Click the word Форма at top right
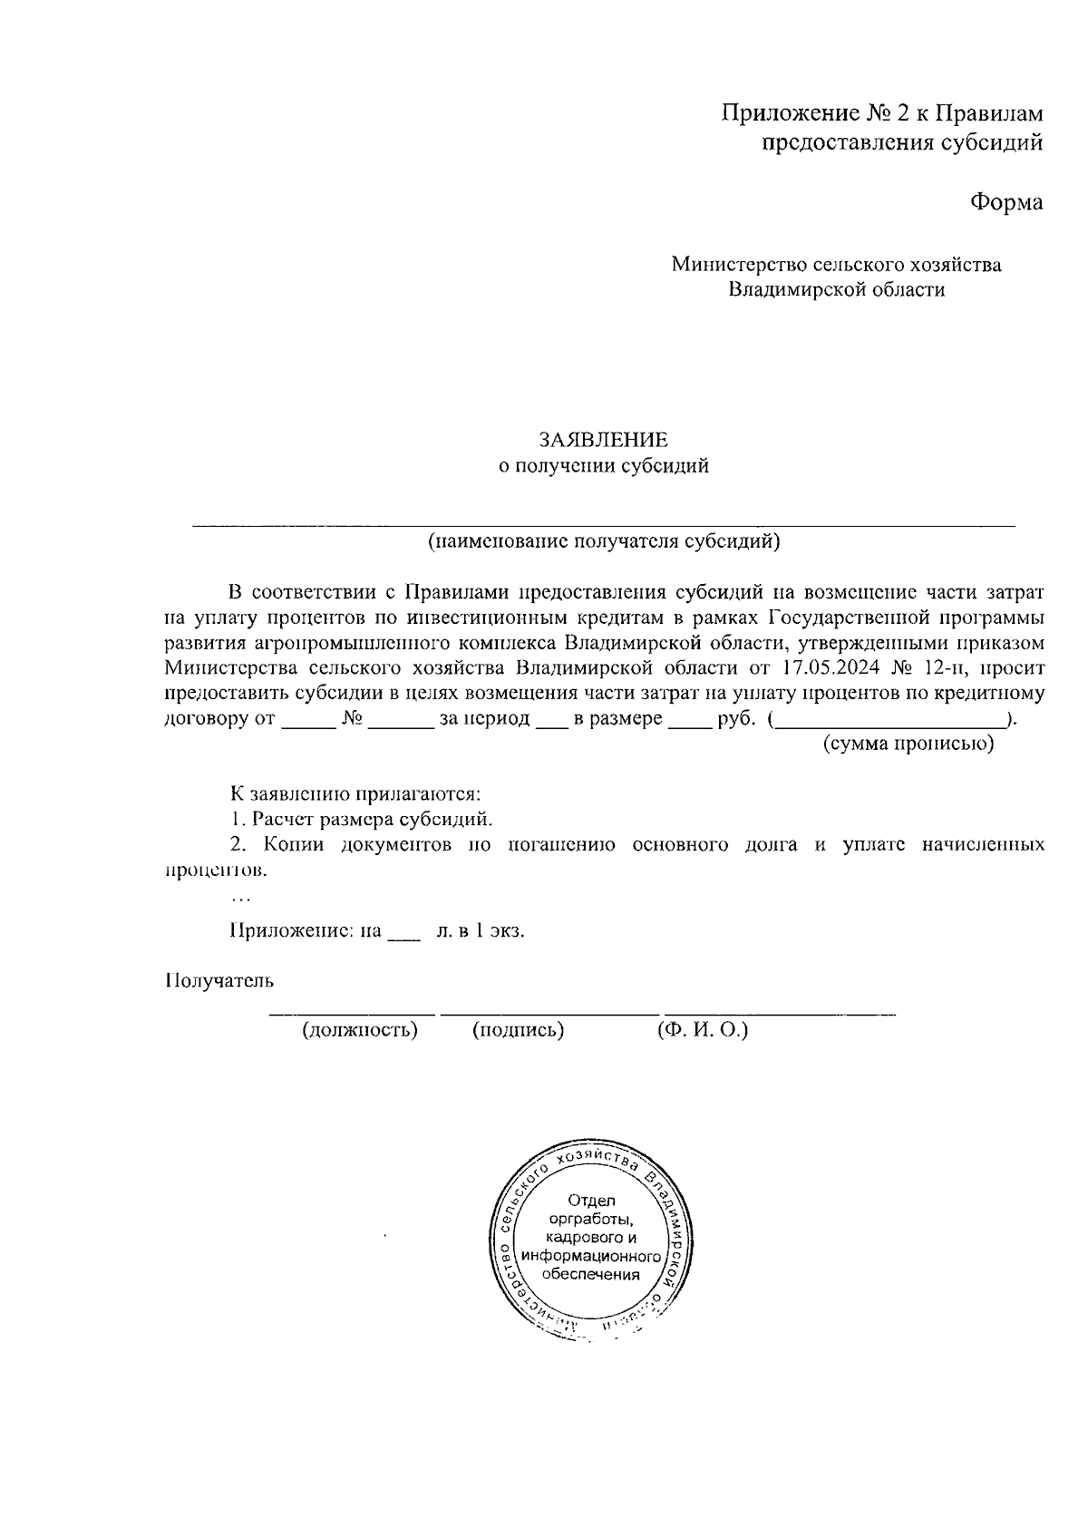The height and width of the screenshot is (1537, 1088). (1006, 202)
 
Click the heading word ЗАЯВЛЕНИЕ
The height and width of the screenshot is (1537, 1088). (603, 441)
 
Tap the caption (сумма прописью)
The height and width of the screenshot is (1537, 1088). (908, 744)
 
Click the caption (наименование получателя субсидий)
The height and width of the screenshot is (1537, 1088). (604, 542)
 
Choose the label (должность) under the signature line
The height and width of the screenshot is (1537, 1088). (360, 1030)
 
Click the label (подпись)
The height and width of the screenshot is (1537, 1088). (519, 1030)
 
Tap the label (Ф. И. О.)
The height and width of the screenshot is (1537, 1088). (703, 1030)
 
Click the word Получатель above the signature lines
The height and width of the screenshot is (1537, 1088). (219, 980)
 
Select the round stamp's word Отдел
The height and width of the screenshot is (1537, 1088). (591, 1201)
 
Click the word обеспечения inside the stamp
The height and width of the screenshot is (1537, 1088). (590, 1273)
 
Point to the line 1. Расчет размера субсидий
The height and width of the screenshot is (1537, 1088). (361, 820)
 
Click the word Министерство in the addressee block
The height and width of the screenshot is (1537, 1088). (737, 265)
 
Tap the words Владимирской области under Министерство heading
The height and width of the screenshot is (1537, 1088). (837, 290)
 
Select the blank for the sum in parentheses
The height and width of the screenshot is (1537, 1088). (892, 723)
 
